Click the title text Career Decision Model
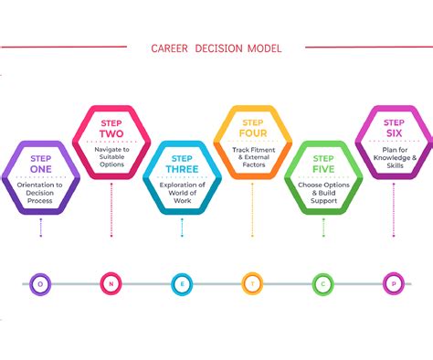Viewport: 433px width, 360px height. [216, 48]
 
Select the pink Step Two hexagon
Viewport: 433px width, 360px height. [111, 143]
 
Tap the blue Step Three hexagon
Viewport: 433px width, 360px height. [182, 177]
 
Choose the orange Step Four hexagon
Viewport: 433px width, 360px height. [253, 143]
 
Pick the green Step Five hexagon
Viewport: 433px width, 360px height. [324, 177]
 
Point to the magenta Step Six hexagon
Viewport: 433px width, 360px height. [395, 143]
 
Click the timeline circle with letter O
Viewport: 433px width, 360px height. [40, 283]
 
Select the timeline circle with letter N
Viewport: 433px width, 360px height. [111, 283]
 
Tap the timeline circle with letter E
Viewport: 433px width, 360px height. [182, 283]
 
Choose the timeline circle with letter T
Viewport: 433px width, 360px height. [253, 283]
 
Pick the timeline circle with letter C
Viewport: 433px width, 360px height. [324, 283]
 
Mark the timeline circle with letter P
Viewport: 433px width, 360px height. [395, 283]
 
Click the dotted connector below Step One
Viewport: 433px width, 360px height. [40, 228]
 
